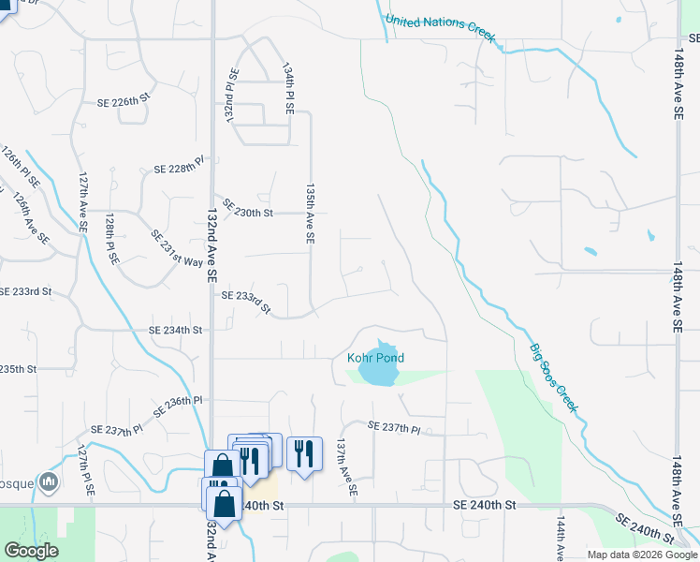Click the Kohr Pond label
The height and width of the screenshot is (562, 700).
click(x=375, y=358)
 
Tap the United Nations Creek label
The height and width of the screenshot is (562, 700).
click(x=439, y=27)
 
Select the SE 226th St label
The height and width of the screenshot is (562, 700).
click(x=124, y=97)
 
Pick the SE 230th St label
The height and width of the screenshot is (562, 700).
click(x=247, y=213)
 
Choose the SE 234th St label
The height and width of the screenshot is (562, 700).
click(x=176, y=330)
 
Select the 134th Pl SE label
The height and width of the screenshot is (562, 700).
click(x=289, y=89)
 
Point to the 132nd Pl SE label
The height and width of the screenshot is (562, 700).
click(x=231, y=97)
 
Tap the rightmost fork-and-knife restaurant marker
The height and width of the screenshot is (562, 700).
click(x=303, y=454)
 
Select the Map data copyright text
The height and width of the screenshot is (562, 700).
click(x=642, y=555)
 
